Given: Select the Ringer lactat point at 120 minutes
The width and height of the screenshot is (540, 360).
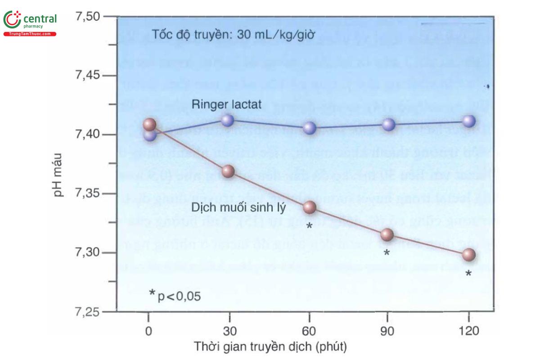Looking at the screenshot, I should [x=469, y=121].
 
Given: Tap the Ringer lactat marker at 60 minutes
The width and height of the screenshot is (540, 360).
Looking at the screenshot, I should [x=309, y=128].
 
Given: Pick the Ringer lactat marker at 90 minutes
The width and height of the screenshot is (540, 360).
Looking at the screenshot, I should [x=388, y=124].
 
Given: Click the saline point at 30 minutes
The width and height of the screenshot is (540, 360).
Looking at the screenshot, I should [x=229, y=171].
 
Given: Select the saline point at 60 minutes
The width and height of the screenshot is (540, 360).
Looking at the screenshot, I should [x=309, y=207].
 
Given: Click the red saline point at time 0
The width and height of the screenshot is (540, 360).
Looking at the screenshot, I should [x=149, y=124].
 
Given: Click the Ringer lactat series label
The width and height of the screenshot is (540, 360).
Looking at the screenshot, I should [x=223, y=104].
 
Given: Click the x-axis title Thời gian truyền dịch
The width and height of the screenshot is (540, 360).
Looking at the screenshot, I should [x=271, y=347].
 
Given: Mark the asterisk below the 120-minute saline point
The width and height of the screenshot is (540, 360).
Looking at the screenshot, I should [x=468, y=273].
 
